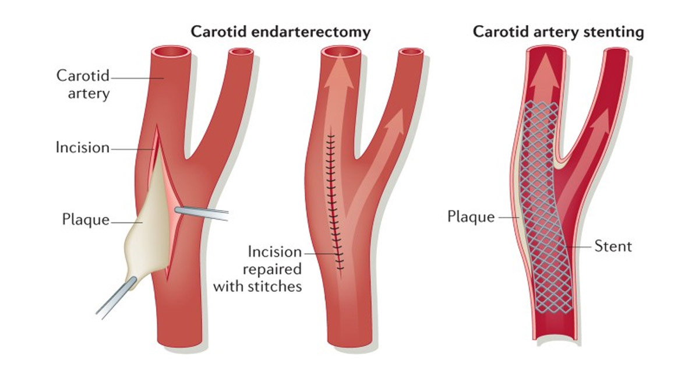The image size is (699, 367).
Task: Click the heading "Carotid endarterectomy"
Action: [x=281, y=32]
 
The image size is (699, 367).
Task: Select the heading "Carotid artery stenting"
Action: [x=558, y=32]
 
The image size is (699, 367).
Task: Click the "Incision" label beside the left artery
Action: [x=82, y=148]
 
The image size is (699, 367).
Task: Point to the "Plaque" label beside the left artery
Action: [x=86, y=220]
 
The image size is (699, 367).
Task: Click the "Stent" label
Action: [x=613, y=246]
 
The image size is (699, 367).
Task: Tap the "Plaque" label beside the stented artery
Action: [x=471, y=217]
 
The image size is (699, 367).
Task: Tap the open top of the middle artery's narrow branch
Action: [x=411, y=53]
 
